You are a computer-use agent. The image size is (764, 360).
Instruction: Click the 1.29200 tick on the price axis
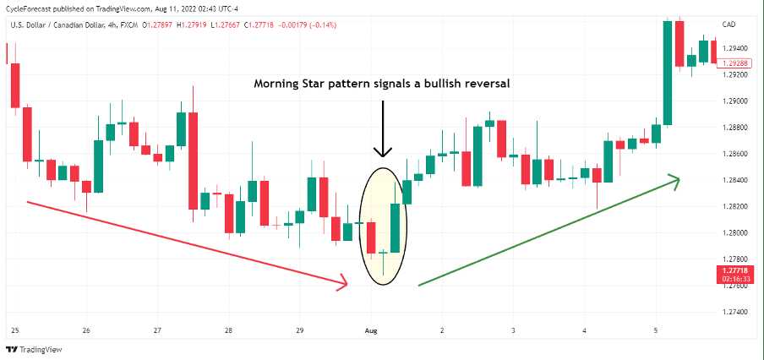(x=735, y=75)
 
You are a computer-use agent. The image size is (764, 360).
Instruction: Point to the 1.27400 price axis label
(x=735, y=312)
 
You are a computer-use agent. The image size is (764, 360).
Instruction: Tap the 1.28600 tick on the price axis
(x=735, y=154)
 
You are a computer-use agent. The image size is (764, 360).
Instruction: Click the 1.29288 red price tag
(x=735, y=63)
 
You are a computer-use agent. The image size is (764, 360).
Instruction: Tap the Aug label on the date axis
(x=369, y=330)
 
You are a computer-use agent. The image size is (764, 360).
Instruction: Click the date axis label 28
(x=228, y=330)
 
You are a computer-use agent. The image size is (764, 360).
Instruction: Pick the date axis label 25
(x=14, y=330)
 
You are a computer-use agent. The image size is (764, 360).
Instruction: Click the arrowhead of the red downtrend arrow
(x=343, y=283)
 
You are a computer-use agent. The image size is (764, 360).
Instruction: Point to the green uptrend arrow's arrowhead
(x=674, y=178)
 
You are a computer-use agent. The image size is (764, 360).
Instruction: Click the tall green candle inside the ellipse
(x=395, y=227)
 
